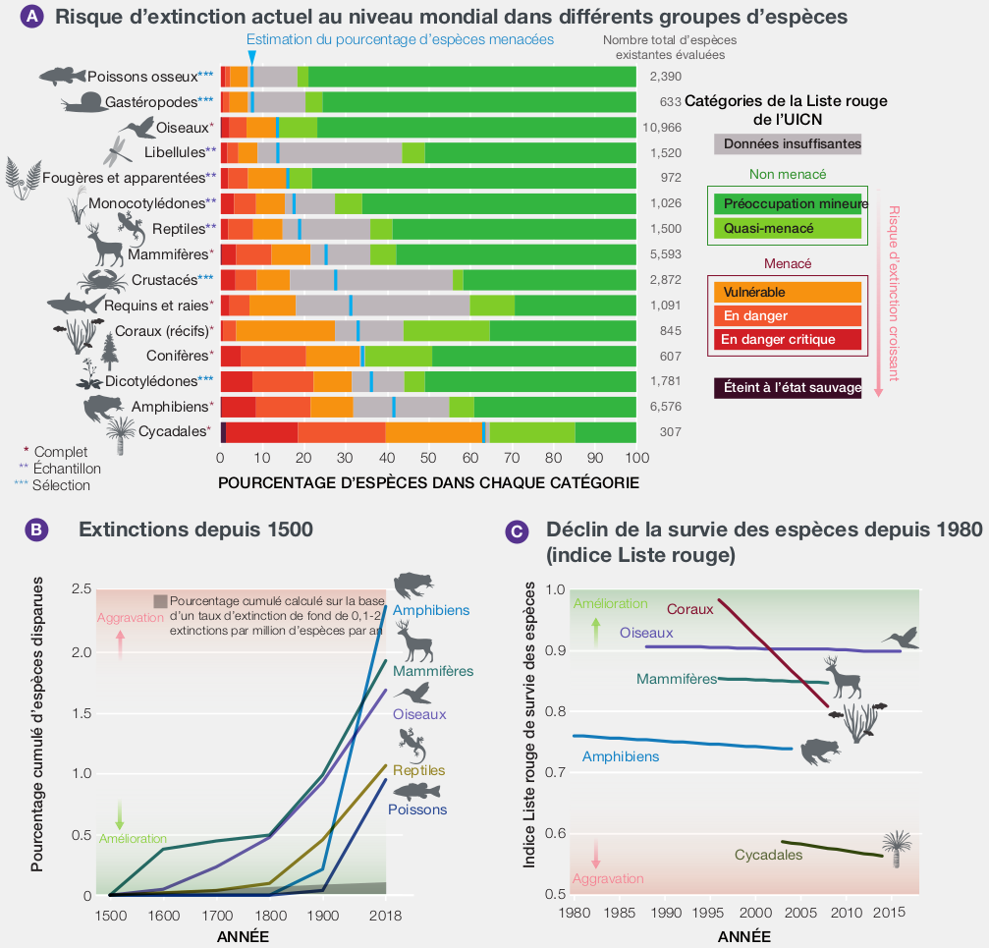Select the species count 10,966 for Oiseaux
pos(661,127)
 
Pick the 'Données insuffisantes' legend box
pos(787,143)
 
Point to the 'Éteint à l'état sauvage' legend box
pos(787,388)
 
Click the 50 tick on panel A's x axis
pos(428,458)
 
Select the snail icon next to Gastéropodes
pos(82,101)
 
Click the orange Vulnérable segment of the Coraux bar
pos(285,331)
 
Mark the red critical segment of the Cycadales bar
pos(261,432)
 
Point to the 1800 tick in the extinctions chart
pos(269,916)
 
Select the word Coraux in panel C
pos(689,609)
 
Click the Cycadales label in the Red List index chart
pos(768,856)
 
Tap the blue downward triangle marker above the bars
pos(252,57)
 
